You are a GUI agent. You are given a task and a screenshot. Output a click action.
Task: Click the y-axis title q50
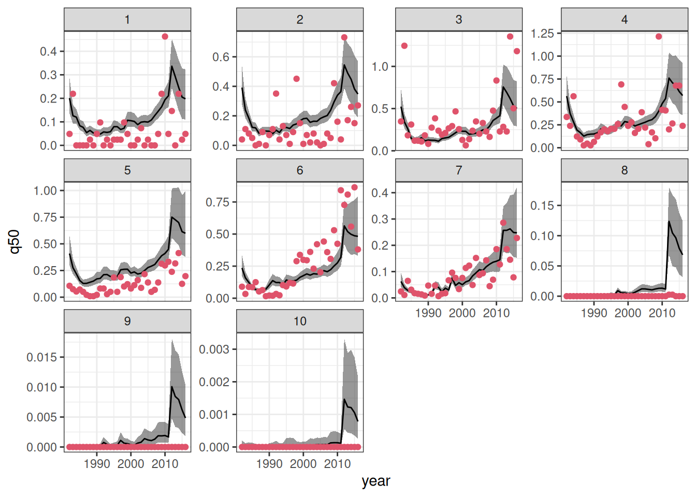click(15, 241)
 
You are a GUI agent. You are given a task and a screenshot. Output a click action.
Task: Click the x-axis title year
click(376, 481)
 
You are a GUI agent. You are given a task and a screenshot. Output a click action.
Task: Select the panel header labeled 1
click(127, 20)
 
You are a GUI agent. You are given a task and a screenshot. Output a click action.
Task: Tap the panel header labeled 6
click(300, 170)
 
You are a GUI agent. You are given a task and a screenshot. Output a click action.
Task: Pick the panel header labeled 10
click(300, 321)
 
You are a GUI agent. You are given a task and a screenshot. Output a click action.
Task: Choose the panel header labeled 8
click(625, 170)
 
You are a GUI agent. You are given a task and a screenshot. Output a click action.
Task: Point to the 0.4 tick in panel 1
click(49, 51)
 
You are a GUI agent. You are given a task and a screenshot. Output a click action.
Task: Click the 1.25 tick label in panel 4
click(542, 34)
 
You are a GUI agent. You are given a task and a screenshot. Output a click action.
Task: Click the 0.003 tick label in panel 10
click(214, 349)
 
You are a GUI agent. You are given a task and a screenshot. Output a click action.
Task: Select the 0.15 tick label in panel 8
click(542, 206)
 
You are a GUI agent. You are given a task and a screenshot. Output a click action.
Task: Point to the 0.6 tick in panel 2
click(221, 57)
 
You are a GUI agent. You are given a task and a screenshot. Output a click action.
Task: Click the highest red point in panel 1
click(165, 37)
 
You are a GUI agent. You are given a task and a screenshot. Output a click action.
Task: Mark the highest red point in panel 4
click(659, 37)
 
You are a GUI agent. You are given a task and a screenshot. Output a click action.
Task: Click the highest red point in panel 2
click(344, 37)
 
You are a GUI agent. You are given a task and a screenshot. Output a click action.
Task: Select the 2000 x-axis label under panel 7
click(462, 313)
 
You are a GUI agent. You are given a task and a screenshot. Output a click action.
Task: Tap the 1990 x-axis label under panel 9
click(97, 463)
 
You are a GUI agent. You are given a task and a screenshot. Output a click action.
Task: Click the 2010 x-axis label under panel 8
click(662, 313)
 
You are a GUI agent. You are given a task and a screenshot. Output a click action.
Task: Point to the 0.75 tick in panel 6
click(218, 202)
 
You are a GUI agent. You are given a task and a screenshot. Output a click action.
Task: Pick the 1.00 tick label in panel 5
click(45, 191)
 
